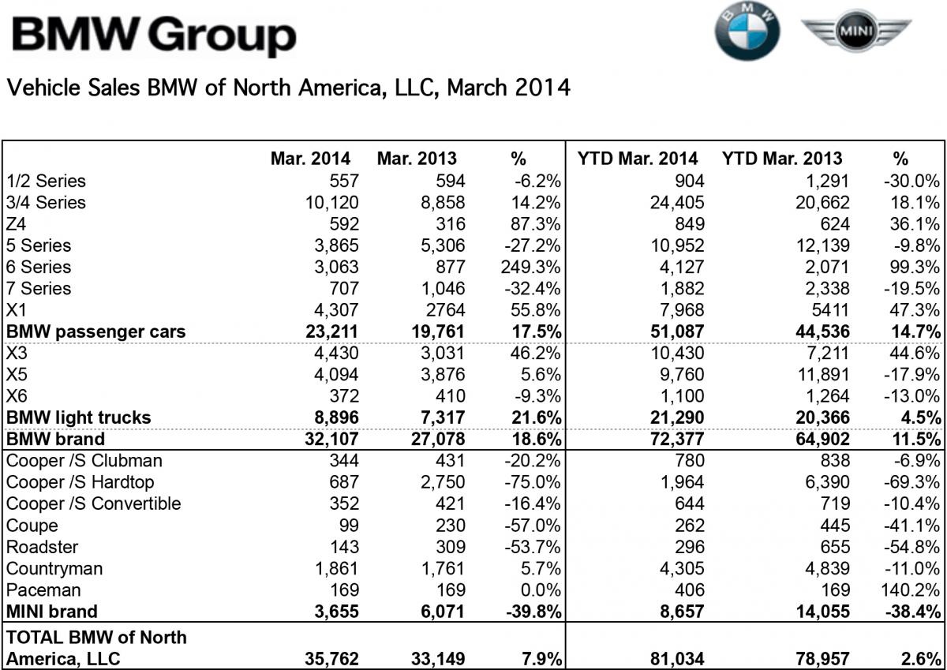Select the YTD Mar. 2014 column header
tap(637, 159)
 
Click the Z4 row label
tap(17, 223)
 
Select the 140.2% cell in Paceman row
tap(914, 590)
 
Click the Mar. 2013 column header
tap(417, 159)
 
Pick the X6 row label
tap(17, 395)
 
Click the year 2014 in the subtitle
tap(541, 87)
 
